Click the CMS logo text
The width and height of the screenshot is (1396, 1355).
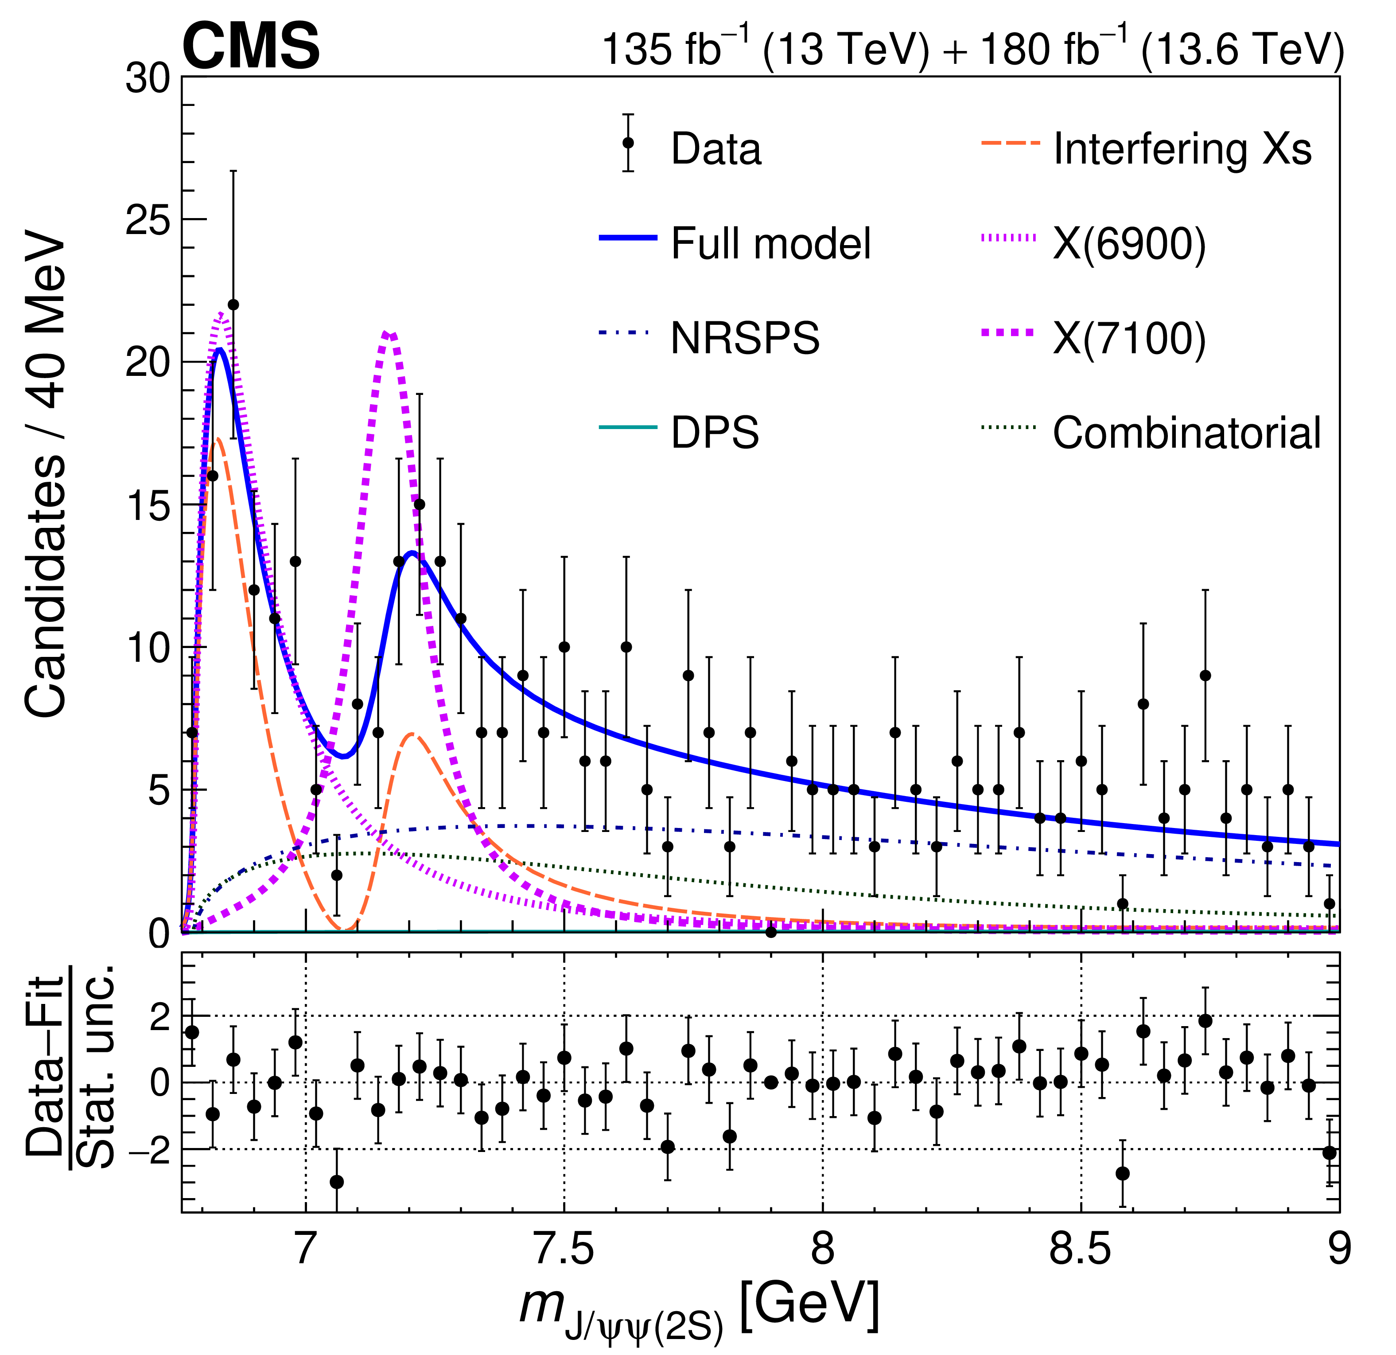(251, 46)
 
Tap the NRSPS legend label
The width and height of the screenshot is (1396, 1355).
(745, 338)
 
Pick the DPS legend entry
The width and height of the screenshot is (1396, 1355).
(714, 433)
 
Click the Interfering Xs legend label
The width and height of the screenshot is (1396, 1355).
(1182, 150)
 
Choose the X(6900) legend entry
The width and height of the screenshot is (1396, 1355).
(1129, 244)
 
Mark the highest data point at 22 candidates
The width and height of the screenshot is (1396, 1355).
(233, 305)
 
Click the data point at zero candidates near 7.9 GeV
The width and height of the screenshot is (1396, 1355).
(770, 932)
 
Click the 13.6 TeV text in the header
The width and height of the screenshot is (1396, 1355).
(1243, 50)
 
